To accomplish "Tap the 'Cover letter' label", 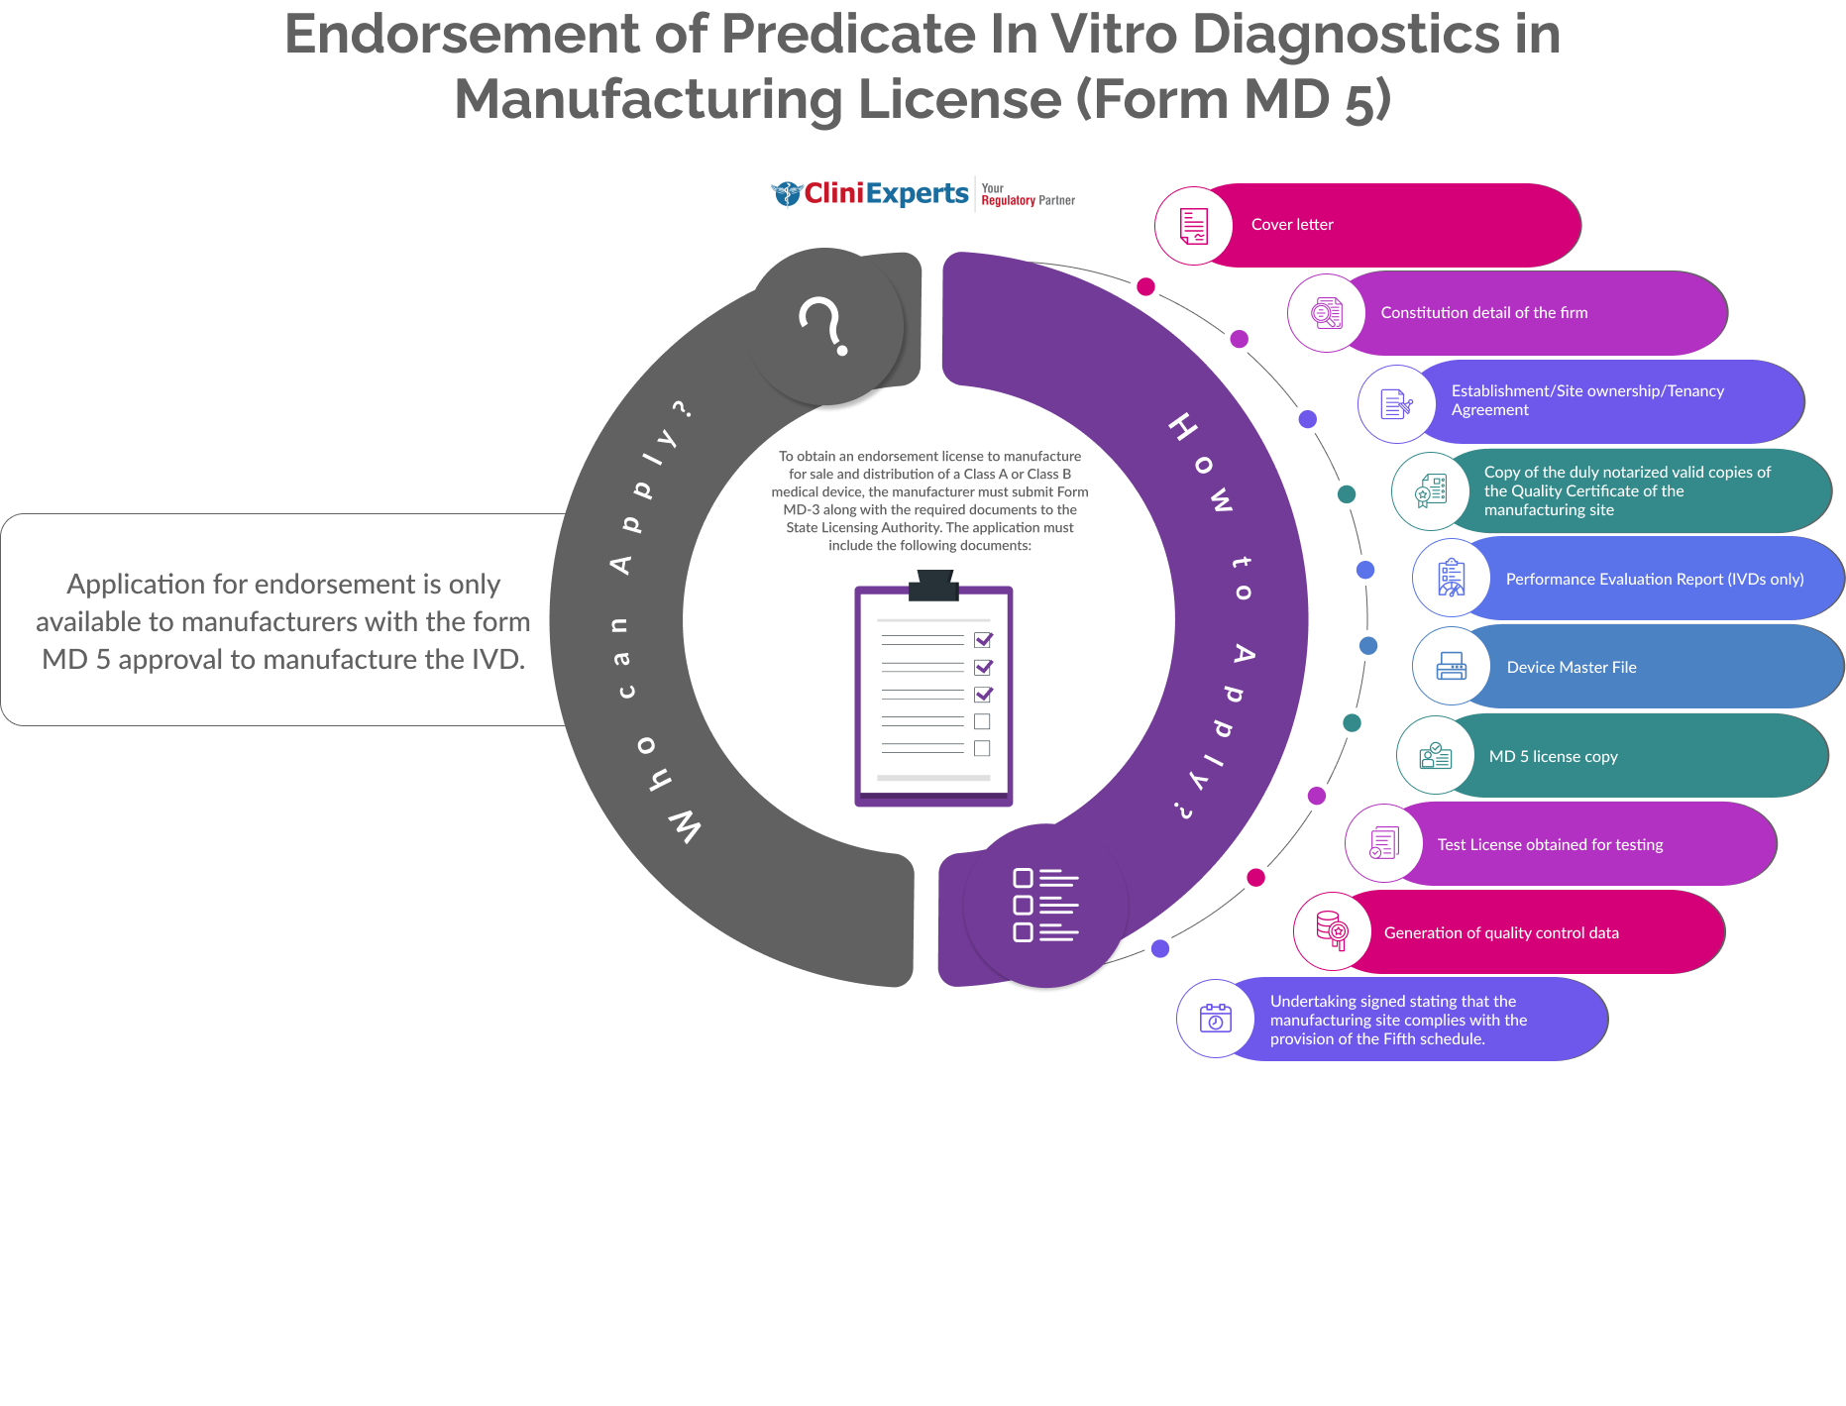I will point(1292,225).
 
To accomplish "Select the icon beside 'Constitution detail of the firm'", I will point(1327,313).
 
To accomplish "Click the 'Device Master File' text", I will point(1571,668).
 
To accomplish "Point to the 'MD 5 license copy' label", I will point(1553,757).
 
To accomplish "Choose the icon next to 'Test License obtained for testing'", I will point(1383,844).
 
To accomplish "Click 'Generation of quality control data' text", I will point(1500,933).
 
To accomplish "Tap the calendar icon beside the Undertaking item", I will point(1215,1019).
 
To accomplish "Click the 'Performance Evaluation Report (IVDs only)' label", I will point(1654,580).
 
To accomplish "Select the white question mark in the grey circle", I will point(823,325).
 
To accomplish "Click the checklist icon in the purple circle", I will point(1045,906).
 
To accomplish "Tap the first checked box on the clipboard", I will point(983,640).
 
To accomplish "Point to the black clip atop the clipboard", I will point(933,587).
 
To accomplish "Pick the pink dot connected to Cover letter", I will point(1145,287).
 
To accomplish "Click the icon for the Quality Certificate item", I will point(1431,491).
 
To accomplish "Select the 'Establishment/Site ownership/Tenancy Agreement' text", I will point(1586,400).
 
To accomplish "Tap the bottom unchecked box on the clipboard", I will point(982,748).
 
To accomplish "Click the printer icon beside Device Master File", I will point(1451,667).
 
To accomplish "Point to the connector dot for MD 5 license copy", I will point(1352,723).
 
